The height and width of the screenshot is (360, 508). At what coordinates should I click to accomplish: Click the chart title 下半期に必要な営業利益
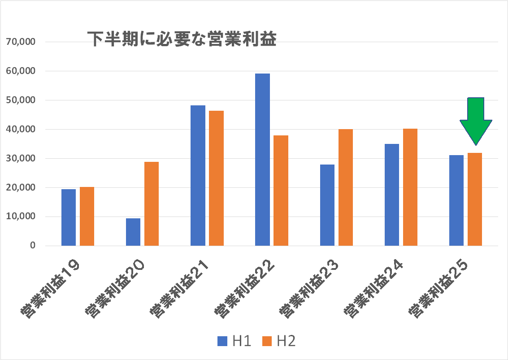coord(181,39)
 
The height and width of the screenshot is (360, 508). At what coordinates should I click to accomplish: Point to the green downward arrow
coord(476,119)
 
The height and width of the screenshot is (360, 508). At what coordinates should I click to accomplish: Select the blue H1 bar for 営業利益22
coord(262,160)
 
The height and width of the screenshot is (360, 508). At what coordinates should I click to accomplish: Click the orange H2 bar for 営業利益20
coord(152,204)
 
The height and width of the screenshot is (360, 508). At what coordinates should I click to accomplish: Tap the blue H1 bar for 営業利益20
coord(133,232)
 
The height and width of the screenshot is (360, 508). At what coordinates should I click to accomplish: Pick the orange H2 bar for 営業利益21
coord(216,178)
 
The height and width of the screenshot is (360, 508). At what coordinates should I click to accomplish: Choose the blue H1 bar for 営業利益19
coord(69,217)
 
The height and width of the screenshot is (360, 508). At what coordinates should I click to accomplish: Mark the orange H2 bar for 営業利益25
coord(475,199)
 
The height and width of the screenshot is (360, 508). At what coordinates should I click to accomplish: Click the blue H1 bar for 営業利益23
coord(327,205)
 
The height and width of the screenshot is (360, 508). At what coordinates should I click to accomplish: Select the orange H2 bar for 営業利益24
coord(410,187)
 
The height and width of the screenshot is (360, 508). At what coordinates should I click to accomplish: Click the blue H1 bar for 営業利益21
coord(198,175)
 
